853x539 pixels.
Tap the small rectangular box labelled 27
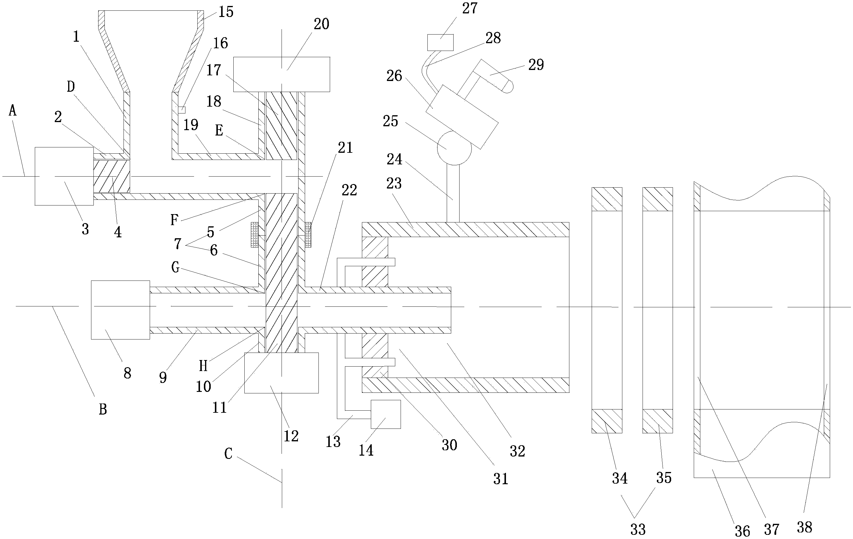(x=440, y=43)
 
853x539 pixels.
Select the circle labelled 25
(x=454, y=148)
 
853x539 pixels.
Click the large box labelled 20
(x=282, y=74)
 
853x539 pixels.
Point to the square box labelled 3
(x=64, y=176)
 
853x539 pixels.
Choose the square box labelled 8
(x=121, y=310)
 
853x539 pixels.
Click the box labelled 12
(x=282, y=373)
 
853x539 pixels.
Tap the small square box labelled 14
(x=386, y=414)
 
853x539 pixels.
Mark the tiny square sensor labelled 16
(x=182, y=110)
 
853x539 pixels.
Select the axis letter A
(x=13, y=111)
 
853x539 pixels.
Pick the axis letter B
(x=103, y=410)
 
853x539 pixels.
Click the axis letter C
(x=229, y=454)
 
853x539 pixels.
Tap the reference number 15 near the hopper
(x=226, y=12)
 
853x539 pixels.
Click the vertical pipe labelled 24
(x=453, y=194)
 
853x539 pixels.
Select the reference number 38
(x=804, y=528)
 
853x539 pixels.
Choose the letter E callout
(x=219, y=130)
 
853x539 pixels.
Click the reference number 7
(x=178, y=244)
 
